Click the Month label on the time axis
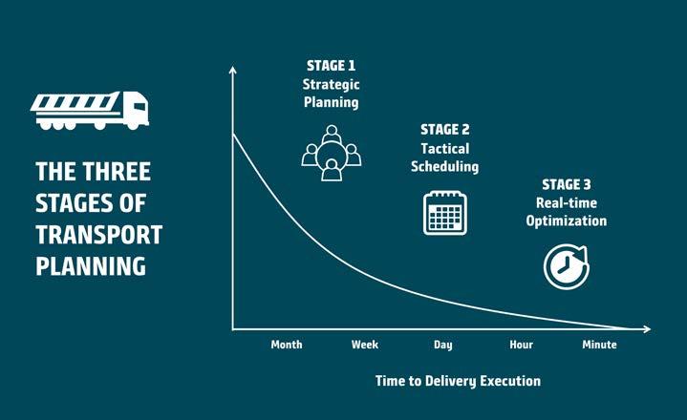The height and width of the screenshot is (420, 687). [287, 345]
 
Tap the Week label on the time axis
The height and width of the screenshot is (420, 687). [365, 345]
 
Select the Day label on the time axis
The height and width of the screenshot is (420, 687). [443, 346]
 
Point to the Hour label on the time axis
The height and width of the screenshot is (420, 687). [522, 345]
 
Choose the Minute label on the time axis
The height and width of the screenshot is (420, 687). [599, 345]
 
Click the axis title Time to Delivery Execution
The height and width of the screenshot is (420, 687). [458, 381]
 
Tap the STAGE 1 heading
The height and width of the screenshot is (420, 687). [331, 66]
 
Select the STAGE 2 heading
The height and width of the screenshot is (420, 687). [444, 130]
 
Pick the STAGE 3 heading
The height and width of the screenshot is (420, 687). [566, 184]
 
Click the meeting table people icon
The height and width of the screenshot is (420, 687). [332, 153]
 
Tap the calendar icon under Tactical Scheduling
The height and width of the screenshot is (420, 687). [445, 213]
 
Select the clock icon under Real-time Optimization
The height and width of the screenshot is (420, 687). [566, 266]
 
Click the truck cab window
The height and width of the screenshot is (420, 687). [140, 106]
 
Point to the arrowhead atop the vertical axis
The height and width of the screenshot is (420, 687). [232, 70]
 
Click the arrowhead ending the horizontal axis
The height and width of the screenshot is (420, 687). [647, 329]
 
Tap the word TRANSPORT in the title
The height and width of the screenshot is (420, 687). [99, 235]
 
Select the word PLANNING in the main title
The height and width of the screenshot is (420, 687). [91, 266]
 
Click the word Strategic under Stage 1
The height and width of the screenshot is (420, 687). [331, 85]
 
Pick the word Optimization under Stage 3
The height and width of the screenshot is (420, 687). [567, 221]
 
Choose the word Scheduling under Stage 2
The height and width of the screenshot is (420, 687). [444, 167]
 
